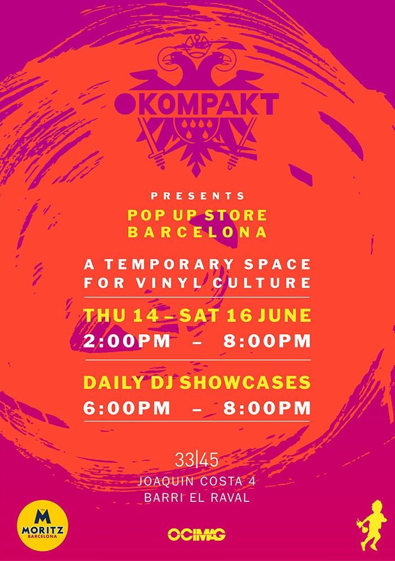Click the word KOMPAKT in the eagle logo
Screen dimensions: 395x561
208,104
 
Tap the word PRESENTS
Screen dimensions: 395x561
197,195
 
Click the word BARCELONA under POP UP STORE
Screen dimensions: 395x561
197,232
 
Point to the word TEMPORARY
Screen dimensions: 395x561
169,264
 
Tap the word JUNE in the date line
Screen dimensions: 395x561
284,315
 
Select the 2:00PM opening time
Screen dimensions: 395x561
126,341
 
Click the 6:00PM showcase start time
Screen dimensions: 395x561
126,408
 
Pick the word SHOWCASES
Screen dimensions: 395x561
245,382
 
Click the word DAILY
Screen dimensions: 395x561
113,382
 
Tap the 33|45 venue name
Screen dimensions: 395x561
197,460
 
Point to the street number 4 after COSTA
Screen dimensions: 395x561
252,482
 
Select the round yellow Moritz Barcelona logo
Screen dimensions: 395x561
43,526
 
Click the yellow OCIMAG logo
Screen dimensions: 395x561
197,535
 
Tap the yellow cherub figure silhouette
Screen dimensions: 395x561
371,526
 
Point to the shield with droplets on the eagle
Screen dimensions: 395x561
197,130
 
